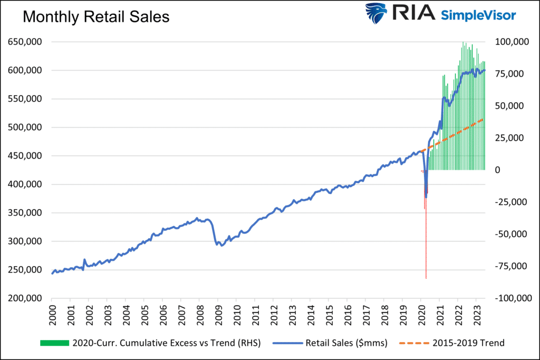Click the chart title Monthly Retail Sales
pos(95,17)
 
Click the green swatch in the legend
pos(54,343)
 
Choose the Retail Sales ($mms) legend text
pos(346,343)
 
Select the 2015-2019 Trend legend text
pos(468,343)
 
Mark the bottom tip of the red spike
pos(426,278)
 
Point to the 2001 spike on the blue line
pos(84,260)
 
